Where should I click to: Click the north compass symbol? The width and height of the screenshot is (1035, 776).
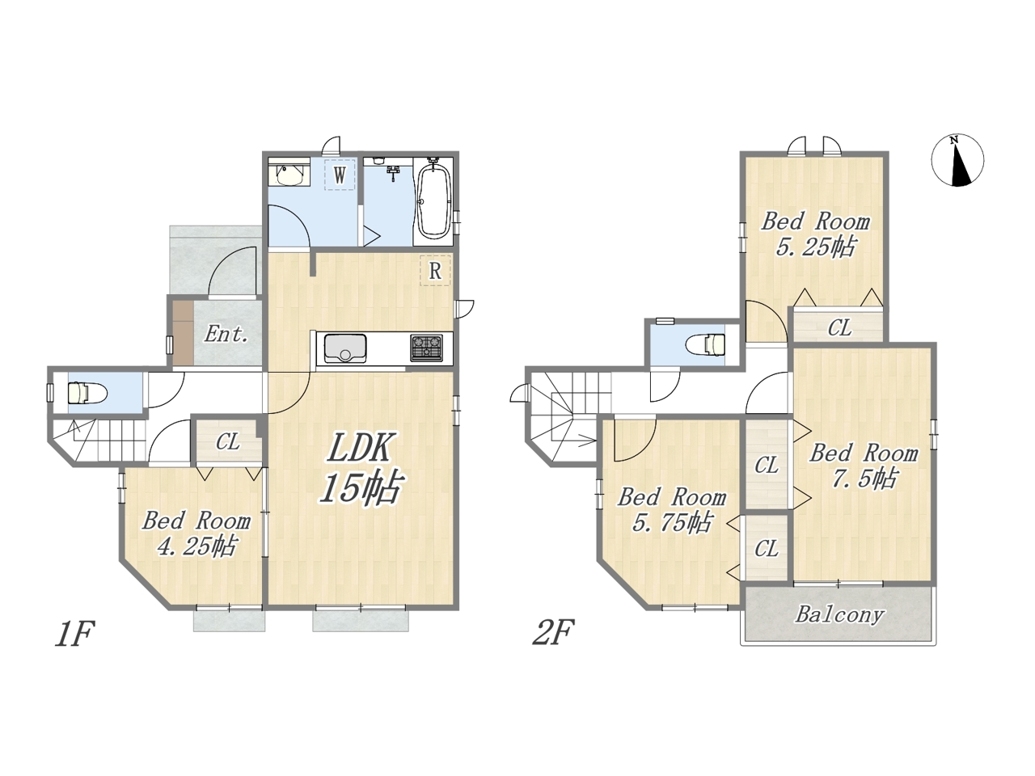[x=957, y=161]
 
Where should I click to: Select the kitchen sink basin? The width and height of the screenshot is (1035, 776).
[x=345, y=348]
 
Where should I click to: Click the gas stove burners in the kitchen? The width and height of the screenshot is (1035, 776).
[x=426, y=348]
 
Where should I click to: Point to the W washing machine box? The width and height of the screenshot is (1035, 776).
[x=340, y=175]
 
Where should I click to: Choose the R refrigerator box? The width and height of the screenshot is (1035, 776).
[x=435, y=271]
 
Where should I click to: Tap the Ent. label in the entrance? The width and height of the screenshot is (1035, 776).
[x=226, y=334]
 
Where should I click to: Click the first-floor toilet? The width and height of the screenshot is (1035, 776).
[x=87, y=392]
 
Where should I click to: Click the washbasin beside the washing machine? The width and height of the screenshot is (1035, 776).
[x=289, y=175]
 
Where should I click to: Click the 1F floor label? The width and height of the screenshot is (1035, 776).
[x=74, y=634]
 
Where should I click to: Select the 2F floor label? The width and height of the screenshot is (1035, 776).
[x=553, y=632]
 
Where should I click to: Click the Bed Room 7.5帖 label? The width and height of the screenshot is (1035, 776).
[x=864, y=466]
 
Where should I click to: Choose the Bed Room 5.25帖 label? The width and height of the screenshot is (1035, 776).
[x=815, y=234]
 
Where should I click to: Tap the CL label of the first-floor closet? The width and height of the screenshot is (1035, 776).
[x=228, y=442]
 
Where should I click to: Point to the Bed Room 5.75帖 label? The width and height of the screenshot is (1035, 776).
[x=672, y=510]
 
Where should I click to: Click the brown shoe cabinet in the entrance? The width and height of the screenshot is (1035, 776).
[x=183, y=332]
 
